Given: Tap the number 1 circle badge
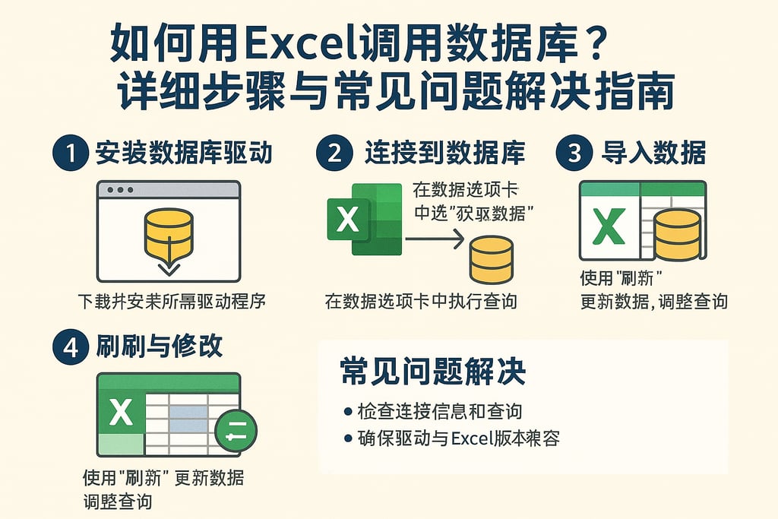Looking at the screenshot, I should (70, 153).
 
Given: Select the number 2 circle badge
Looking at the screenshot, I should (334, 153).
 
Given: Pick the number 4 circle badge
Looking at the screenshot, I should (70, 347).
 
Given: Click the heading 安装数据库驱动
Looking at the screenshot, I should (184, 153).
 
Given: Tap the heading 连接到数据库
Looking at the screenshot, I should (444, 153).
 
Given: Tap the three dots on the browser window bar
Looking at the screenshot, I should (121, 190).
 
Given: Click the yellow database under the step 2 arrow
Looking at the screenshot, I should (491, 260).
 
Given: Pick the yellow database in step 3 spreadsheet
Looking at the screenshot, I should (677, 234).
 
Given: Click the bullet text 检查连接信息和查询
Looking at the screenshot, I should (439, 412).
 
